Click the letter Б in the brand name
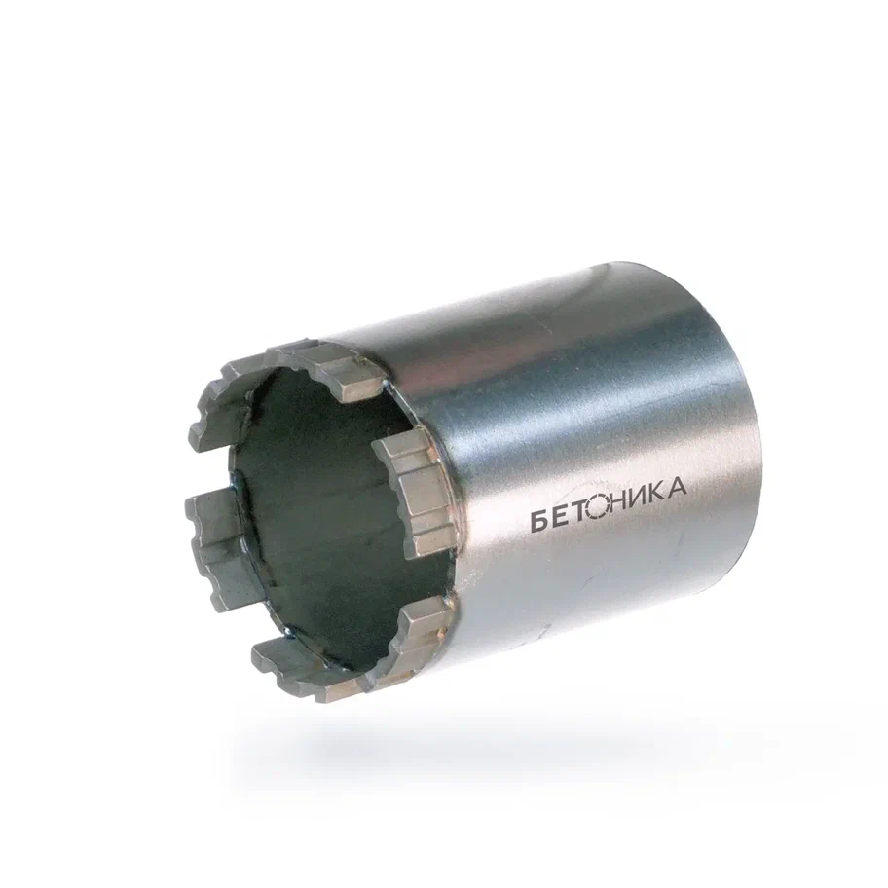click(539, 521)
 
